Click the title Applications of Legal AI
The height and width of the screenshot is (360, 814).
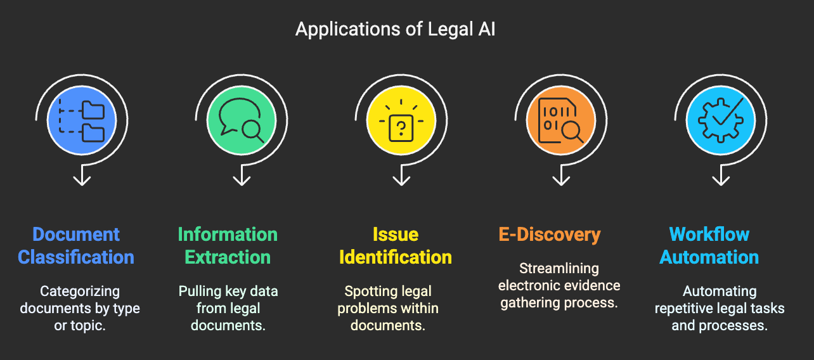click(395, 29)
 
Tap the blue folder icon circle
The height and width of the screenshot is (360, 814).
click(82, 120)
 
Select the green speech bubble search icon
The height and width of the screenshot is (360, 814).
click(242, 120)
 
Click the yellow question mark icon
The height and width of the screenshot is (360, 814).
click(401, 120)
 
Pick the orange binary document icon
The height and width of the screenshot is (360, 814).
click(561, 120)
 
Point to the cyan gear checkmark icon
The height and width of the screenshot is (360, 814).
click(721, 120)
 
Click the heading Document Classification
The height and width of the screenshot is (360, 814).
click(76, 245)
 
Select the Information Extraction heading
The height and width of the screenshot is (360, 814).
click(228, 245)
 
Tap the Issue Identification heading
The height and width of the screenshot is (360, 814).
click(396, 245)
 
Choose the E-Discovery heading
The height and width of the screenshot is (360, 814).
click(550, 235)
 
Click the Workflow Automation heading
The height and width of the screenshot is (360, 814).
click(709, 245)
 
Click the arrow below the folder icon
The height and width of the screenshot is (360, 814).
click(82, 175)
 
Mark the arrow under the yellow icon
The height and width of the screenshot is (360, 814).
click(401, 175)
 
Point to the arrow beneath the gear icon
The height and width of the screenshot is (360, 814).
click(721, 175)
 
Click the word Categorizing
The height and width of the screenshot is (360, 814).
click(80, 292)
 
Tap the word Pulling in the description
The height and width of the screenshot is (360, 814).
click(200, 292)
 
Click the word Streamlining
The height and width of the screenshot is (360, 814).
click(559, 269)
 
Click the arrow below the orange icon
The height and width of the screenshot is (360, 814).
click(561, 175)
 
